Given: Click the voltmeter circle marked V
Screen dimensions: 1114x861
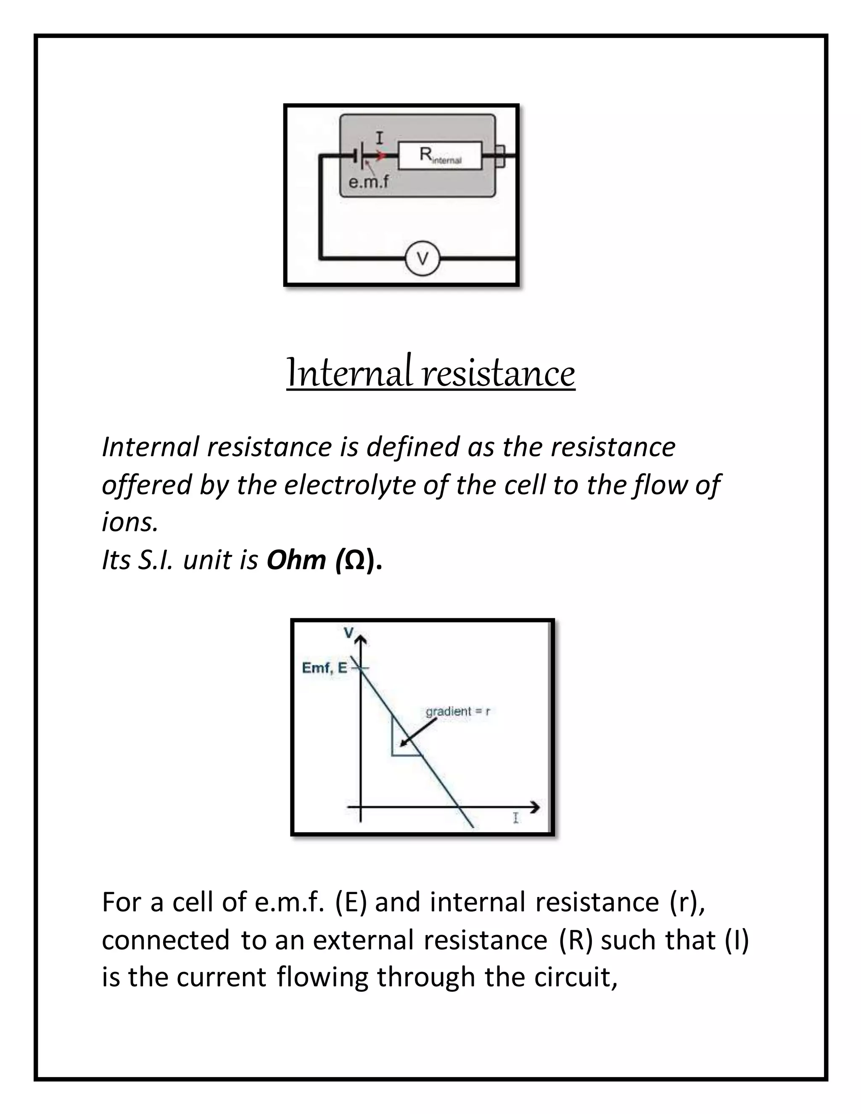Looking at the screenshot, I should (x=423, y=259).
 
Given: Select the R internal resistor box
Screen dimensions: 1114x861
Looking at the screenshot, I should (x=440, y=155).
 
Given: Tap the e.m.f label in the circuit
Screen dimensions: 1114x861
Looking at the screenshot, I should (x=368, y=182).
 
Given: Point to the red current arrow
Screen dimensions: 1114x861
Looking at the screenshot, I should (x=380, y=156).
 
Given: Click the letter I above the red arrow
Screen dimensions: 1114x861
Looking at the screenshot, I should (x=380, y=138).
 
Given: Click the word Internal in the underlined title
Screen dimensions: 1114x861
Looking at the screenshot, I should (x=349, y=373).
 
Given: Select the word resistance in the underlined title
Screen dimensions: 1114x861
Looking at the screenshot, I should (x=499, y=373).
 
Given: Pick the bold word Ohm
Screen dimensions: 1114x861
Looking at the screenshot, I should (x=296, y=560).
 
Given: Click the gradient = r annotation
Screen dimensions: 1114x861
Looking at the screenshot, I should (x=457, y=712).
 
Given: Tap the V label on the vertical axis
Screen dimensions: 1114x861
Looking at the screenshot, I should (x=349, y=633).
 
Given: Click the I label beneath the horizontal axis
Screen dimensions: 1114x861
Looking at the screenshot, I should (x=516, y=818).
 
